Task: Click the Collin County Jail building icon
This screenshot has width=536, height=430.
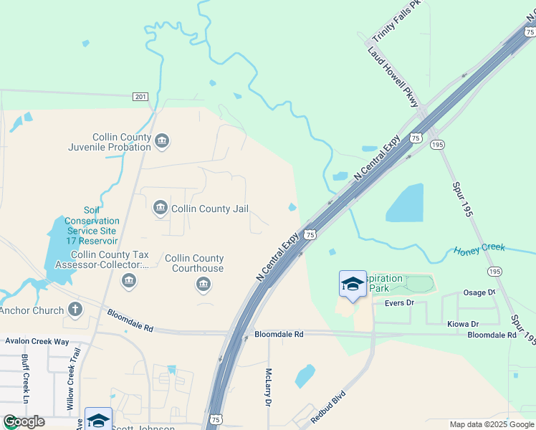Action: pyautogui.click(x=160, y=209)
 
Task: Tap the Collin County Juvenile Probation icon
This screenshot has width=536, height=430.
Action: pyautogui.click(x=162, y=141)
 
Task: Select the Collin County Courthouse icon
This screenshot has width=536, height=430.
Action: pyautogui.click(x=204, y=285)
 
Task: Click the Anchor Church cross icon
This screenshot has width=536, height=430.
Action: pyautogui.click(x=75, y=310)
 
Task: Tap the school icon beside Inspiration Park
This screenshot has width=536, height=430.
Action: pyautogui.click(x=353, y=284)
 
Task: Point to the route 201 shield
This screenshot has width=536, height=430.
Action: pyautogui.click(x=140, y=97)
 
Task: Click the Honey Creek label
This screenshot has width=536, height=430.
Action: pyautogui.click(x=479, y=249)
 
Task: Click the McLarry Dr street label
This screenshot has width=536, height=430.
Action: pyautogui.click(x=268, y=387)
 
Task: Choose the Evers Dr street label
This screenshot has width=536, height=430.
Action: pyautogui.click(x=399, y=303)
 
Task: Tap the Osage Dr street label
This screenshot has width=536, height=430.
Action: pyautogui.click(x=479, y=292)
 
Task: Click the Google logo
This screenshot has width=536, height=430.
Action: pyautogui.click(x=24, y=421)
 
